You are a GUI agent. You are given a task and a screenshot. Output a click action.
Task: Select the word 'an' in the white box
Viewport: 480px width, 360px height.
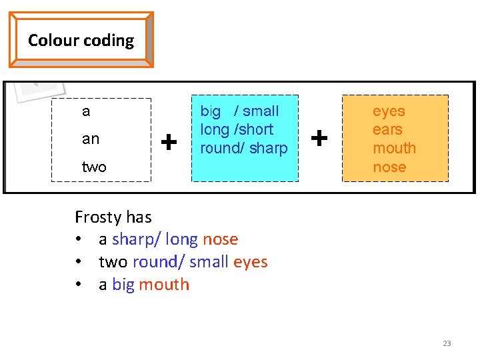(91, 139)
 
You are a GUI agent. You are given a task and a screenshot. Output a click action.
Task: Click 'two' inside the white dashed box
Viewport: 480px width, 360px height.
(94, 167)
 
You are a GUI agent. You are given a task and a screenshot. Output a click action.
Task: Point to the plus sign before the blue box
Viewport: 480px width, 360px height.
(170, 141)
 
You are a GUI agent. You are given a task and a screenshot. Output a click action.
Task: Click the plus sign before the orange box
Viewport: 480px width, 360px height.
(320, 139)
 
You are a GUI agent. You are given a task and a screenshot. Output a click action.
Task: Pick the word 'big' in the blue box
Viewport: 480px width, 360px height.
(211, 111)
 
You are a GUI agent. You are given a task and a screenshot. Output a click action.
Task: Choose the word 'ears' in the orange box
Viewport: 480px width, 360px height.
(387, 129)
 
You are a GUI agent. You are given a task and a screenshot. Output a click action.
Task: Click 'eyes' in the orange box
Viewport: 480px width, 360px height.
(389, 111)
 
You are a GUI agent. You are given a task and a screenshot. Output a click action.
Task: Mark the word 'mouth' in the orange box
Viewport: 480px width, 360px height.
(394, 148)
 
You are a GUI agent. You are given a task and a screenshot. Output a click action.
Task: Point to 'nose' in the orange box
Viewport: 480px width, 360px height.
(389, 167)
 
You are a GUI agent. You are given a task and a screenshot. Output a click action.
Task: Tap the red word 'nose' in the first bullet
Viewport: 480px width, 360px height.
(220, 239)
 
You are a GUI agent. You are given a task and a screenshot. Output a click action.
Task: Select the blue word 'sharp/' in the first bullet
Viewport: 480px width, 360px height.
(136, 239)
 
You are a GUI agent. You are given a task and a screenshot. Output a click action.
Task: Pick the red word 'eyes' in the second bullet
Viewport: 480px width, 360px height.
(251, 262)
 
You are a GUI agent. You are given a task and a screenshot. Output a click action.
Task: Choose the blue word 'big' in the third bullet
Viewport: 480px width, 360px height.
(123, 285)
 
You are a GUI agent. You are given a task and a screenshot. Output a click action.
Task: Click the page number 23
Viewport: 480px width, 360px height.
(447, 343)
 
